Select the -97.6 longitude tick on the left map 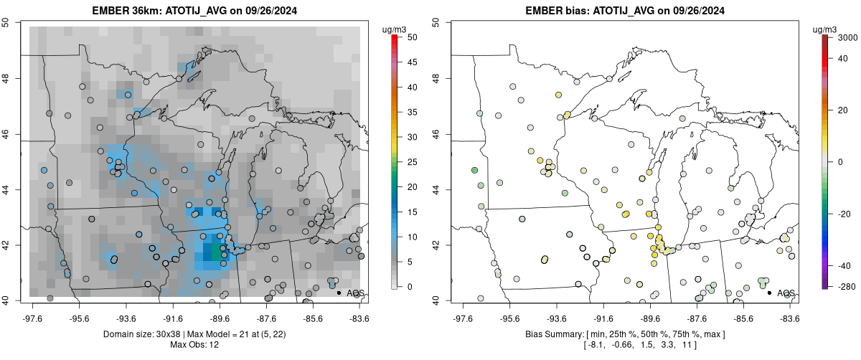(x=34, y=318)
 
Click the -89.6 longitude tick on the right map (x=649, y=318)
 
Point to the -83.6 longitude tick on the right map (x=789, y=318)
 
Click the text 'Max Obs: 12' (x=194, y=345)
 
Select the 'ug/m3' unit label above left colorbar (x=397, y=29)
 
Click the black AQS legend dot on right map (x=769, y=293)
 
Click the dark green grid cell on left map (x=215, y=252)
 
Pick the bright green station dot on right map (x=474, y=170)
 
